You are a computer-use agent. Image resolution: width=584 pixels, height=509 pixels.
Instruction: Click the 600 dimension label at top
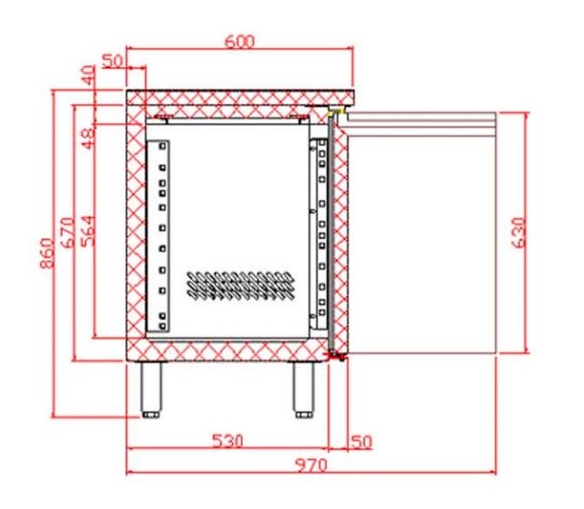tap(240, 41)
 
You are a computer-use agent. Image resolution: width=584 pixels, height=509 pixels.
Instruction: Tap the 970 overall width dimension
tap(311, 465)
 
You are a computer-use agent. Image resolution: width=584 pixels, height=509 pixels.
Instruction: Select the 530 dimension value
tap(227, 441)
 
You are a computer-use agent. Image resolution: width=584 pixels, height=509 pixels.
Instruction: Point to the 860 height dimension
tap(47, 253)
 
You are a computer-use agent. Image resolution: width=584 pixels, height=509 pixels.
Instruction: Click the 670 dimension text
tap(68, 232)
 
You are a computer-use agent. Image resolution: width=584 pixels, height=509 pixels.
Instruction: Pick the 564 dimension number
tap(88, 231)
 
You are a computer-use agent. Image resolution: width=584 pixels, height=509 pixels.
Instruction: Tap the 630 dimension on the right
tap(519, 233)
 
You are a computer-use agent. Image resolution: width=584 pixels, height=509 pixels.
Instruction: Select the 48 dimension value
tap(88, 138)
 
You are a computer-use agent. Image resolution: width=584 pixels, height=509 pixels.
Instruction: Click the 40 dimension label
tap(88, 76)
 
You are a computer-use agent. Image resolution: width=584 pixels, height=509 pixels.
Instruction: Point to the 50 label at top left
tap(112, 61)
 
